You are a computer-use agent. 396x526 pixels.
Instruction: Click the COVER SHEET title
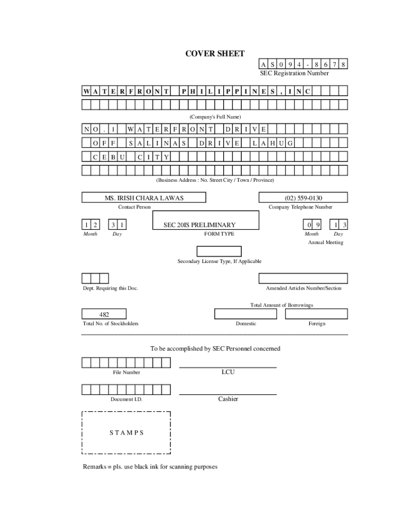click(215, 53)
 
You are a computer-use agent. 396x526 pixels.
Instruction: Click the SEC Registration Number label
click(294, 73)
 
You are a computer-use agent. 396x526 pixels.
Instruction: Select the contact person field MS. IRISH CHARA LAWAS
click(144, 198)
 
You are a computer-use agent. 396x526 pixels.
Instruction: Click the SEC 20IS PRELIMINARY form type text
click(200, 225)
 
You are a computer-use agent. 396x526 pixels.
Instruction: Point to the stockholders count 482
click(104, 314)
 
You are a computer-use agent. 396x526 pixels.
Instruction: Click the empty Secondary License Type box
click(219, 251)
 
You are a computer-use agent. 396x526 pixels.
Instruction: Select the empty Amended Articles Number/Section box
click(303, 278)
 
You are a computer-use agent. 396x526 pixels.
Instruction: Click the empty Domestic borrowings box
click(245, 314)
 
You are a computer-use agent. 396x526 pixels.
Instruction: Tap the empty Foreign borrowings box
click(317, 314)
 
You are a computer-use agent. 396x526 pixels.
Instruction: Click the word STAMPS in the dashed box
click(127, 433)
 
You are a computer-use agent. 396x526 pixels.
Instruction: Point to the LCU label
click(228, 372)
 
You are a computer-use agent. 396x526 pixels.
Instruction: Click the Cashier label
click(228, 399)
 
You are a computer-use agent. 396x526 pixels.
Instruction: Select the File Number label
click(127, 372)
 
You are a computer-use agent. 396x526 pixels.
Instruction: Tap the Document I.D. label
click(127, 400)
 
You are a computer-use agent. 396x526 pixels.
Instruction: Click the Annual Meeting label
click(326, 242)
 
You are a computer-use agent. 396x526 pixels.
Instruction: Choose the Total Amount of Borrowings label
click(281, 305)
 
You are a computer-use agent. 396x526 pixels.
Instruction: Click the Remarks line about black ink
click(150, 467)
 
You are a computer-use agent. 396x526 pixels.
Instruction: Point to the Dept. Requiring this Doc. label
click(111, 288)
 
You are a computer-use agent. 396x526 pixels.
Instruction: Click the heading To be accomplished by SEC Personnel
click(215, 349)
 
